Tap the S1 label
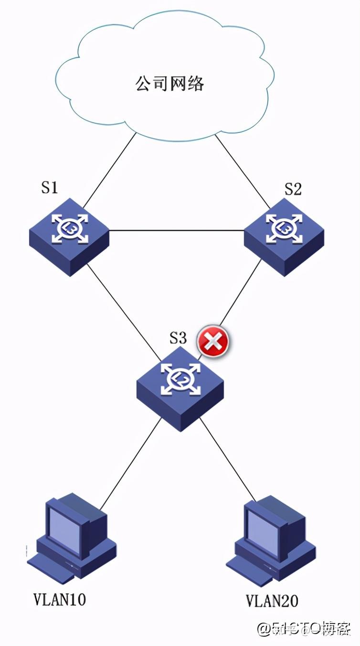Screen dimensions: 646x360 pyautogui.click(x=49, y=188)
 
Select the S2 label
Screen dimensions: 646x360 pyautogui.click(x=293, y=189)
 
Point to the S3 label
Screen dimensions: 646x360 pyautogui.click(x=178, y=338)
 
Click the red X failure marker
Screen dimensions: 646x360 pyautogui.click(x=213, y=341)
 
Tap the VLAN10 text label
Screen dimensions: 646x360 pyautogui.click(x=60, y=599)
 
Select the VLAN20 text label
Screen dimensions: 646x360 pyautogui.click(x=272, y=600)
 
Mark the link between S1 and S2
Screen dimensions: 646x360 pyautogui.click(x=177, y=231)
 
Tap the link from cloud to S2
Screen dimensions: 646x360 pyautogui.click(x=241, y=170)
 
